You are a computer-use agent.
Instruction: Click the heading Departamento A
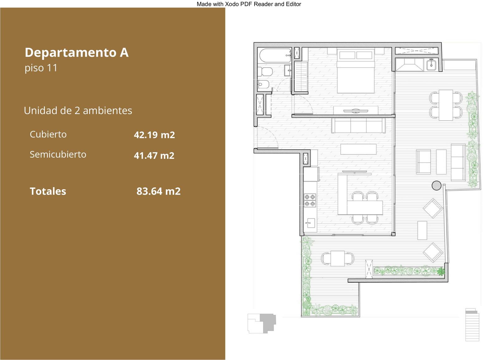(77, 53)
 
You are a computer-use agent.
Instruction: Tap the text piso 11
(41, 68)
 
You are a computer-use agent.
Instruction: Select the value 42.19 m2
(154, 135)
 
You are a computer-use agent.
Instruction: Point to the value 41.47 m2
(154, 155)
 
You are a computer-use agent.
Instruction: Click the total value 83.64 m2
(158, 191)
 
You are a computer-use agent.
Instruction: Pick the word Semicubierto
(58, 154)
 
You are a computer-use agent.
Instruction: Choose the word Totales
(48, 191)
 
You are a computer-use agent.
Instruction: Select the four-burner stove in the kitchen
(310, 200)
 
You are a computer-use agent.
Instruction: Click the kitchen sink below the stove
(310, 223)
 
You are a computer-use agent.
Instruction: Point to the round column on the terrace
(436, 185)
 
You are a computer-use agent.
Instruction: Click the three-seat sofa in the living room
(358, 126)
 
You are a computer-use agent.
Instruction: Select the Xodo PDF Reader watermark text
(249, 4)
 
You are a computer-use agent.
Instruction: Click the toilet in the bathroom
(265, 71)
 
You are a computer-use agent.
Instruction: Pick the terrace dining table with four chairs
(446, 105)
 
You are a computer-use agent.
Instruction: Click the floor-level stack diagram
(472, 324)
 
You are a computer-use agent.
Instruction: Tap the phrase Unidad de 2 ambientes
(78, 111)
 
